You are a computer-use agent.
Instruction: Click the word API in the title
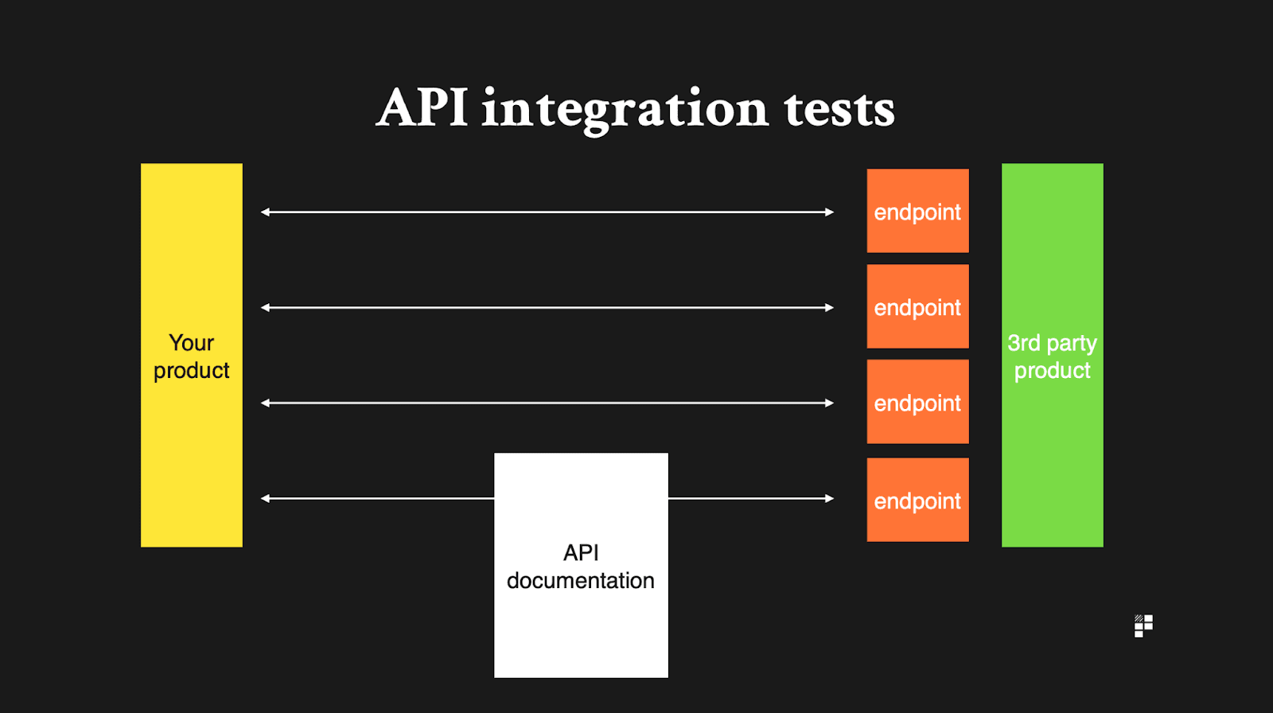[422, 108]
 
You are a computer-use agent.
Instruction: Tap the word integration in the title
[625, 110]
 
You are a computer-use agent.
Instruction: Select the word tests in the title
[839, 110]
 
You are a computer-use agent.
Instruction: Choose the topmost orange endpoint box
[917, 211]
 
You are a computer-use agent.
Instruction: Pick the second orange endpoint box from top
[917, 306]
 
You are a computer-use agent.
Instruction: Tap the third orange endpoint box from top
[917, 402]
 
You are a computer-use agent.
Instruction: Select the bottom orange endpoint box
[917, 500]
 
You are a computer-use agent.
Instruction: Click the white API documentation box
[581, 629]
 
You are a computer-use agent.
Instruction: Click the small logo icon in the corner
[1143, 626]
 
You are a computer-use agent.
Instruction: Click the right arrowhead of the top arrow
[829, 212]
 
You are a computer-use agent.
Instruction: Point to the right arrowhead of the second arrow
[829, 308]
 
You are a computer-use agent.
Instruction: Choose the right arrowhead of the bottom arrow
[829, 499]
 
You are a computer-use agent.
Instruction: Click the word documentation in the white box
[581, 581]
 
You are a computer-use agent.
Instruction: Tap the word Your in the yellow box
[192, 343]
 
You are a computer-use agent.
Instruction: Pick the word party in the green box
[1072, 344]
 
